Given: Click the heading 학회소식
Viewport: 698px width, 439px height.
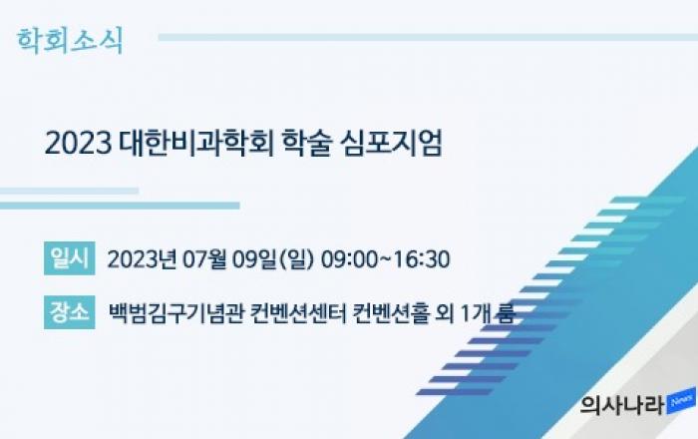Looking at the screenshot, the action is coord(70,41).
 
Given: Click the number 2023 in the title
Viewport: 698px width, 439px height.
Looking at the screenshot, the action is coord(78,143).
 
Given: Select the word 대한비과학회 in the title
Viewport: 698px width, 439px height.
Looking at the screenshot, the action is coord(195,143).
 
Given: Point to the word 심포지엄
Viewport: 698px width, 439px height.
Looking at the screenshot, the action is coord(391,143).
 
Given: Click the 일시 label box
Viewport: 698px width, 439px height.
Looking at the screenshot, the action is coord(70,258).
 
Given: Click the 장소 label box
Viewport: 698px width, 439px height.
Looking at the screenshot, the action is coord(70,312).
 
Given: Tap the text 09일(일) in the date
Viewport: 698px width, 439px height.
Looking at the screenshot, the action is coord(273,259).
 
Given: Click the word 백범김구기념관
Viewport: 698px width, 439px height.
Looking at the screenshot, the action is coord(176,313).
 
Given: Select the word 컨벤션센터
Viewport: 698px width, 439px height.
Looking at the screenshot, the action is coord(298,313).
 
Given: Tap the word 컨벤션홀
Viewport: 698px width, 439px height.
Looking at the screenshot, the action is coord(391,313).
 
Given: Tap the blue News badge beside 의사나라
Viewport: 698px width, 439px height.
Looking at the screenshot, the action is coord(681,401).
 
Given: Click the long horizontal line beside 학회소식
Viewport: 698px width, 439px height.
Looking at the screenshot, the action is coord(428,37).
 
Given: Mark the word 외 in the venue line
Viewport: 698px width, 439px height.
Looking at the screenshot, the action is coord(446,313).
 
